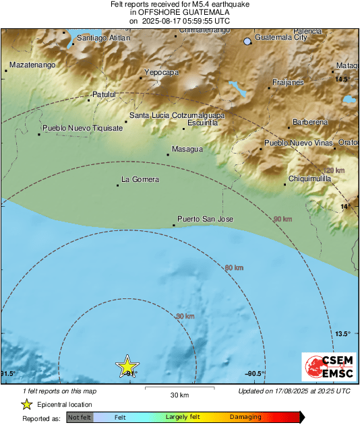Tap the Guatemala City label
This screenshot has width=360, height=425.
281,38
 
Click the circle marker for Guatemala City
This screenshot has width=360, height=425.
247,42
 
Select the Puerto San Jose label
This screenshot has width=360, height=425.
205,219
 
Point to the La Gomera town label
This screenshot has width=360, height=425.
140,179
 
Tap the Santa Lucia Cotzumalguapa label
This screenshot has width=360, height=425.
177,116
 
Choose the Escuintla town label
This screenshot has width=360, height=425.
203,123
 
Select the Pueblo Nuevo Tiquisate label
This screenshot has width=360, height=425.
83,127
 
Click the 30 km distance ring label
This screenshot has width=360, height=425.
185,316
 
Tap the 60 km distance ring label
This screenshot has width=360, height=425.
233,268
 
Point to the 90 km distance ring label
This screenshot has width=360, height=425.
282,220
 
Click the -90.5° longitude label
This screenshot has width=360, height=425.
254,374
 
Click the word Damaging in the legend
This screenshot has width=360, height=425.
246,417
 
